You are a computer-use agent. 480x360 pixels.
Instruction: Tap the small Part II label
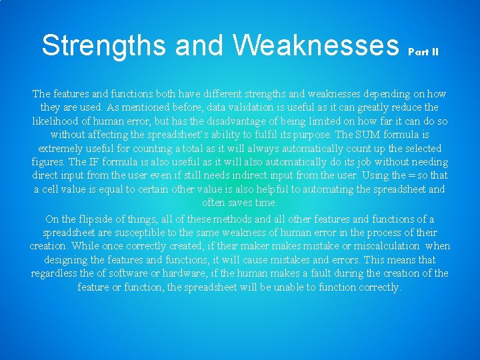click(x=423, y=51)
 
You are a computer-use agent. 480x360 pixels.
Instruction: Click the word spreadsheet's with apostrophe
click(x=180, y=135)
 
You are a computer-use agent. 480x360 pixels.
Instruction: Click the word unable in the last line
click(x=301, y=287)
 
